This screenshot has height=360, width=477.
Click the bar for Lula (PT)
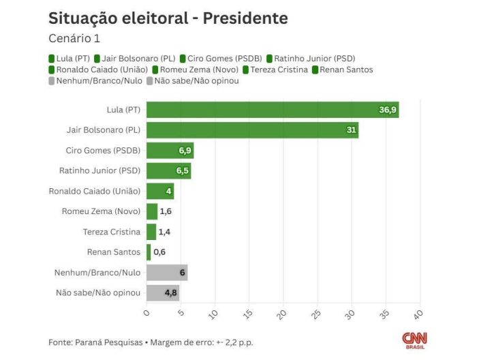[273, 110]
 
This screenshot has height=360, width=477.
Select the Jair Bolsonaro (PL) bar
[252, 130]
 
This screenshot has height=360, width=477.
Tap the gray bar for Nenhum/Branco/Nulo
[167, 273]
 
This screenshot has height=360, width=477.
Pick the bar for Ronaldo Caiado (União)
[160, 191]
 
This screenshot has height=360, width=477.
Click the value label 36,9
[388, 110]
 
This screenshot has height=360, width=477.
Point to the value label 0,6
[159, 252]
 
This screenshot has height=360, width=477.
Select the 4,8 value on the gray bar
[172, 293]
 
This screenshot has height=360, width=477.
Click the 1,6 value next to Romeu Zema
[166, 211]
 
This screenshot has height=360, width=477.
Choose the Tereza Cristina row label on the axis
[112, 232]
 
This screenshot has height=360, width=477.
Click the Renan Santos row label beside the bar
[114, 252]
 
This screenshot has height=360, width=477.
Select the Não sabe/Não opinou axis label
[98, 293]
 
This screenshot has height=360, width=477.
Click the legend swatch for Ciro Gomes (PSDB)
[183, 59]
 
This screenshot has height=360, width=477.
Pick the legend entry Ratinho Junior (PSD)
[314, 59]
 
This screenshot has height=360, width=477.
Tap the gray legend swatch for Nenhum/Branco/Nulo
[52, 80]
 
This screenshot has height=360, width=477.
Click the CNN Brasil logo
[414, 339]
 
